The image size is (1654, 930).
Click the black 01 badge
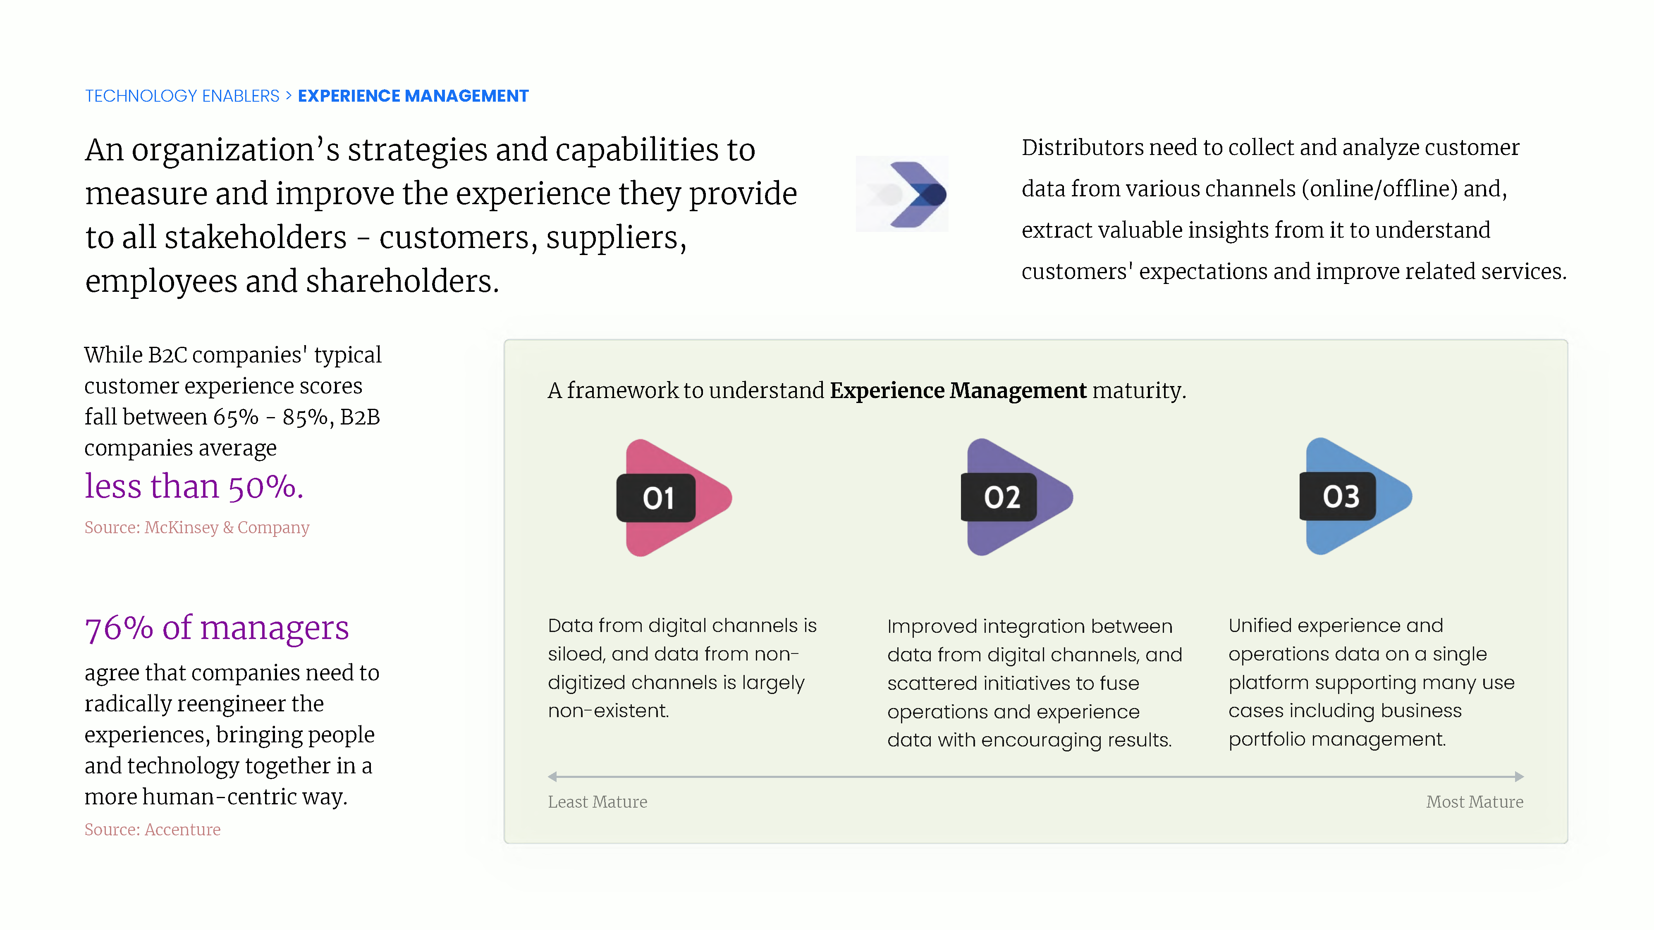click(x=655, y=498)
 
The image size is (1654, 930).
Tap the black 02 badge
click(x=999, y=497)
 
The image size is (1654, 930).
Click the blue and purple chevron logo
click(x=907, y=194)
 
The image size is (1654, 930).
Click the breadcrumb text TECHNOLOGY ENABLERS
click(x=182, y=96)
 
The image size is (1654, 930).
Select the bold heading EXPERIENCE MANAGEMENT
click(x=413, y=96)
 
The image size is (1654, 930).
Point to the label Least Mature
click(x=597, y=801)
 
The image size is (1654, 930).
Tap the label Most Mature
click(x=1474, y=801)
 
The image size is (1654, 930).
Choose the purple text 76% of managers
click(x=217, y=628)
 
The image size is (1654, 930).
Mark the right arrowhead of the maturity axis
click(x=1519, y=777)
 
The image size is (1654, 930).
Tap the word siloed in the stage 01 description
click(x=575, y=654)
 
